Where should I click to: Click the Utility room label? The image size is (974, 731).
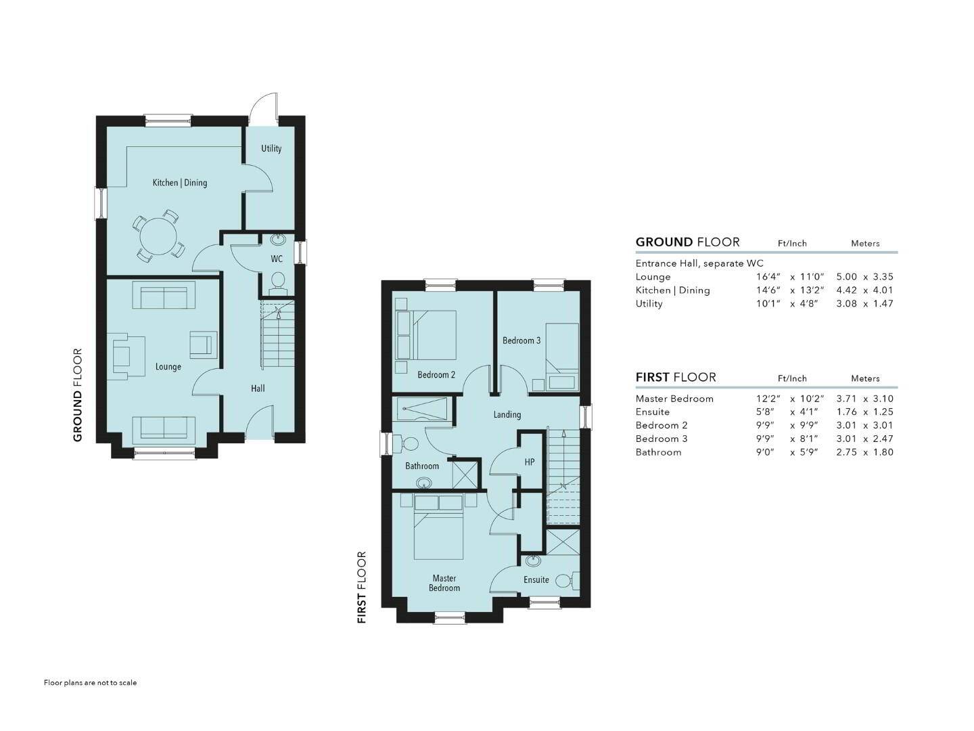271,148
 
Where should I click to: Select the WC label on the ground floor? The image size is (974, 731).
277,259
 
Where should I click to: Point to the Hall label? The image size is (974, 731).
258,389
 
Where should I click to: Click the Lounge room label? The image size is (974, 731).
168,367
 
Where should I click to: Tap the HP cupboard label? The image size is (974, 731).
530,462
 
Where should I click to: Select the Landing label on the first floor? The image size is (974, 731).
507,414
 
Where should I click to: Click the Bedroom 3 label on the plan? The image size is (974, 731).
521,340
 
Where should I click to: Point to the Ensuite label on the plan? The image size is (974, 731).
536,579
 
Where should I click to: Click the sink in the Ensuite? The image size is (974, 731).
533,561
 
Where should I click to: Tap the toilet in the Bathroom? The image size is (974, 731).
408,443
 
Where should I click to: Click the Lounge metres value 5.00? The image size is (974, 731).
846,277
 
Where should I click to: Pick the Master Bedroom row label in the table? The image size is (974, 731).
674,399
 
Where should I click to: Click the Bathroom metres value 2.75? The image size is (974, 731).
846,452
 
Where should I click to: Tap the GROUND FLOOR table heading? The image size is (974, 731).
687,242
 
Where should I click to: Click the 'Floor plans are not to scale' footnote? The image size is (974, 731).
90,683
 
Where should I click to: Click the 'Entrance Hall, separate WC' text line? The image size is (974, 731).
699,263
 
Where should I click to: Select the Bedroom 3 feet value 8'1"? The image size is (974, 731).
807,439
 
